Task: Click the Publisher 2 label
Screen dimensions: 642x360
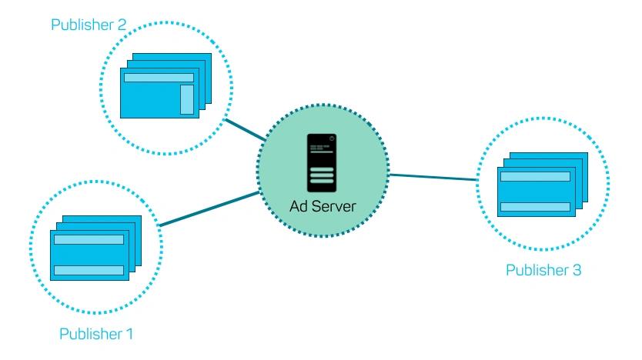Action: pos(89,25)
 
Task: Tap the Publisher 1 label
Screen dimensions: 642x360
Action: pos(96,334)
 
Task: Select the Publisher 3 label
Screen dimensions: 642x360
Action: pos(543,270)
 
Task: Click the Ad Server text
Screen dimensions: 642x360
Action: pos(323,206)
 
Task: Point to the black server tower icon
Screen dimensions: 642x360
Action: pos(322,163)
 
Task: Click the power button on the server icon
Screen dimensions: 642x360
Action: pos(332,138)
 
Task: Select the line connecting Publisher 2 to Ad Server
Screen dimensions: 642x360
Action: pos(246,129)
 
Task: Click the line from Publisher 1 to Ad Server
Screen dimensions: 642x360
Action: pos(209,208)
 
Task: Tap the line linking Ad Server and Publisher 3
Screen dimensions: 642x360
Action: pos(433,177)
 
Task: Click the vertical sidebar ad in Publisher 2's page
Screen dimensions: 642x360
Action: pos(187,99)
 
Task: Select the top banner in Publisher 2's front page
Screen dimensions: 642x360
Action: pos(159,78)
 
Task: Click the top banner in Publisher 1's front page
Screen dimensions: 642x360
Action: pos(89,239)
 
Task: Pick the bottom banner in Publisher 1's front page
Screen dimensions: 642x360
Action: pos(89,270)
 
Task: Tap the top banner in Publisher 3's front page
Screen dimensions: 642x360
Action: pos(535,176)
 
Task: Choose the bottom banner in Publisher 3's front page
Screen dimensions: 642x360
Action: pos(535,207)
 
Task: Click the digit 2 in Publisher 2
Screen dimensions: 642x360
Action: pos(122,25)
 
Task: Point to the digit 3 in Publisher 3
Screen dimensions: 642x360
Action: pos(577,270)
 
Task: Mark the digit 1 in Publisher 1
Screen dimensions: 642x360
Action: pos(130,334)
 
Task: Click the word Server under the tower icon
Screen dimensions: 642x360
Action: pos(333,206)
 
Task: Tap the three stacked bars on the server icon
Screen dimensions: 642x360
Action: pos(322,175)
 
